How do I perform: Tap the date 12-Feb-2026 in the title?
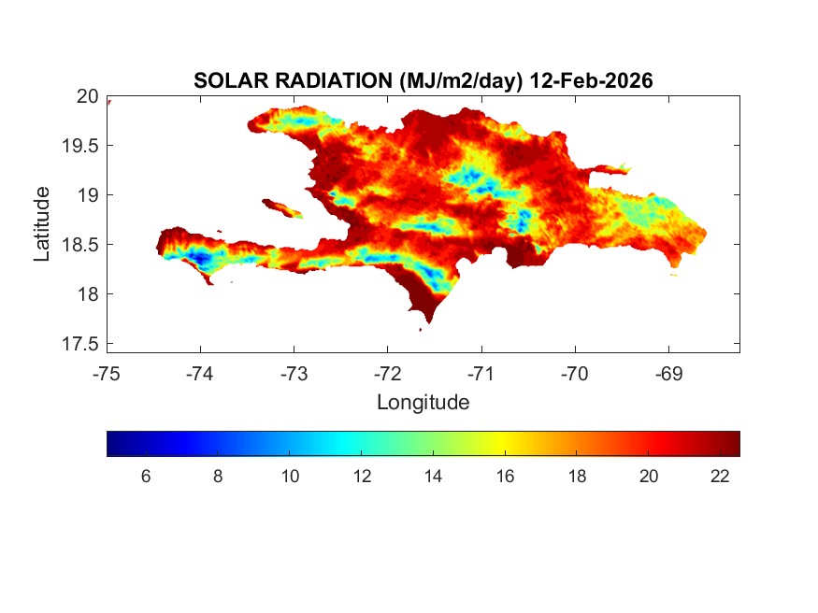pos(590,81)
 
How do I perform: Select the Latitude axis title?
pos(42,222)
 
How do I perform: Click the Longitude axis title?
pos(423,403)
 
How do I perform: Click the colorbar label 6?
pos(146,476)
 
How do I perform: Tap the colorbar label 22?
pos(719,476)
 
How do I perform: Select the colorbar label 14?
pos(433,476)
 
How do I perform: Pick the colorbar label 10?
pos(290,476)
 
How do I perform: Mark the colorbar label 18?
pos(577,476)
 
